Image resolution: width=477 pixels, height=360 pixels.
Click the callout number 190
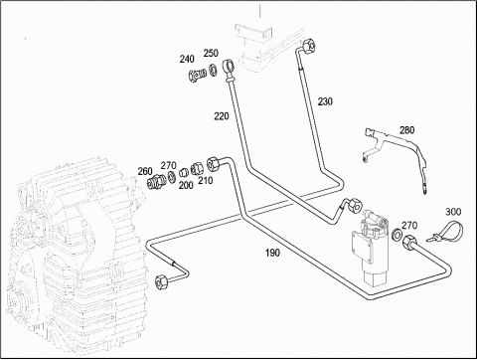(272, 253)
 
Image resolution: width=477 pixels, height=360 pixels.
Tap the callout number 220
(222, 116)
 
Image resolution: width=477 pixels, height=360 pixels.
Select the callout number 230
(325, 101)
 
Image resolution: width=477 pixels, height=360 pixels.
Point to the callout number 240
(187, 59)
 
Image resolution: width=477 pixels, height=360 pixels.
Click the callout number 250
(211, 53)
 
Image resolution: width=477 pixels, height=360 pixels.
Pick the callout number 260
(145, 171)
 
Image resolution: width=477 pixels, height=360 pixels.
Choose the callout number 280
(406, 130)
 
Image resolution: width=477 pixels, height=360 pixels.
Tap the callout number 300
(453, 212)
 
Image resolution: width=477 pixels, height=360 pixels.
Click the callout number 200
(186, 185)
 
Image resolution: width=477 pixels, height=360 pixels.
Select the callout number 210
(206, 181)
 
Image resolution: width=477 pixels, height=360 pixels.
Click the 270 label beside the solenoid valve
(409, 226)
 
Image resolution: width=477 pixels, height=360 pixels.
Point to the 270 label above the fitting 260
(169, 165)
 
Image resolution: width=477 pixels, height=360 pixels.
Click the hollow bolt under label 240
(197, 76)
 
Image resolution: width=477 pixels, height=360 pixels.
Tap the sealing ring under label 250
(214, 71)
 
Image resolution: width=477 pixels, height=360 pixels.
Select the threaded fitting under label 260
(156, 181)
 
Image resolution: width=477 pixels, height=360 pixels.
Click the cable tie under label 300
(448, 231)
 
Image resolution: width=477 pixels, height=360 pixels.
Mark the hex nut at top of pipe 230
(309, 45)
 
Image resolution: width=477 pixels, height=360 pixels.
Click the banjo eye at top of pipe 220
(229, 67)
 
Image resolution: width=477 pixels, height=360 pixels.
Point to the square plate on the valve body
(362, 247)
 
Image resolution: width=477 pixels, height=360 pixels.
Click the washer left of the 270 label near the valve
(397, 234)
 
